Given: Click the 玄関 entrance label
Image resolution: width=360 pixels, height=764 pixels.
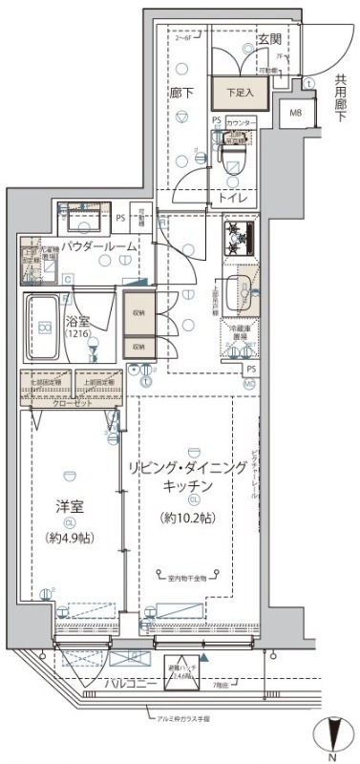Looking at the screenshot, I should pyautogui.click(x=268, y=39).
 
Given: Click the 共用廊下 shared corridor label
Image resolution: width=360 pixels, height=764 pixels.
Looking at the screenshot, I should pyautogui.click(x=340, y=96).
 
